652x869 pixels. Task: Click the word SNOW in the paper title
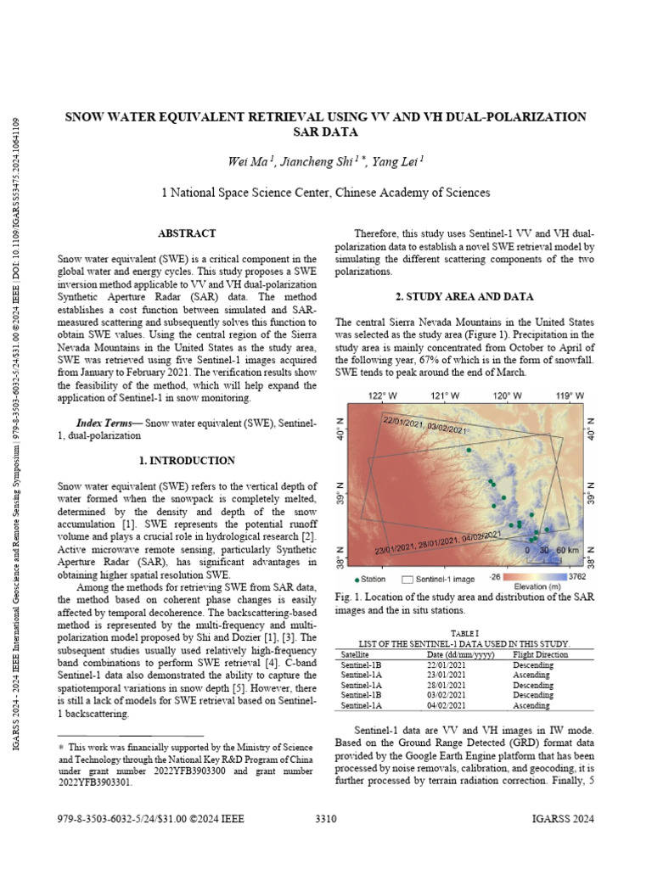point(87,116)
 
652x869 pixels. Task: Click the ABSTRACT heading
point(187,233)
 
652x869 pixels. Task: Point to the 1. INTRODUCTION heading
point(187,461)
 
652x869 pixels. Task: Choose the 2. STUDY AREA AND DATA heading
point(465,296)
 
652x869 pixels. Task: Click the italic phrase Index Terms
point(107,423)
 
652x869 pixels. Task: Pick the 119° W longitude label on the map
point(570,395)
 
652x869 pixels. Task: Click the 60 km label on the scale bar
point(567,550)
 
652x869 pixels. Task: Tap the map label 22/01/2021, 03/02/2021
point(424,425)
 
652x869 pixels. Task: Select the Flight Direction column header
point(541,654)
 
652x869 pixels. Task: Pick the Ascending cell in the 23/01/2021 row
point(533,675)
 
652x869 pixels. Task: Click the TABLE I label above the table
point(464,633)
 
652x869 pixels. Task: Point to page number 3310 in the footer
point(326,819)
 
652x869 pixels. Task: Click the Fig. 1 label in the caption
point(348,597)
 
